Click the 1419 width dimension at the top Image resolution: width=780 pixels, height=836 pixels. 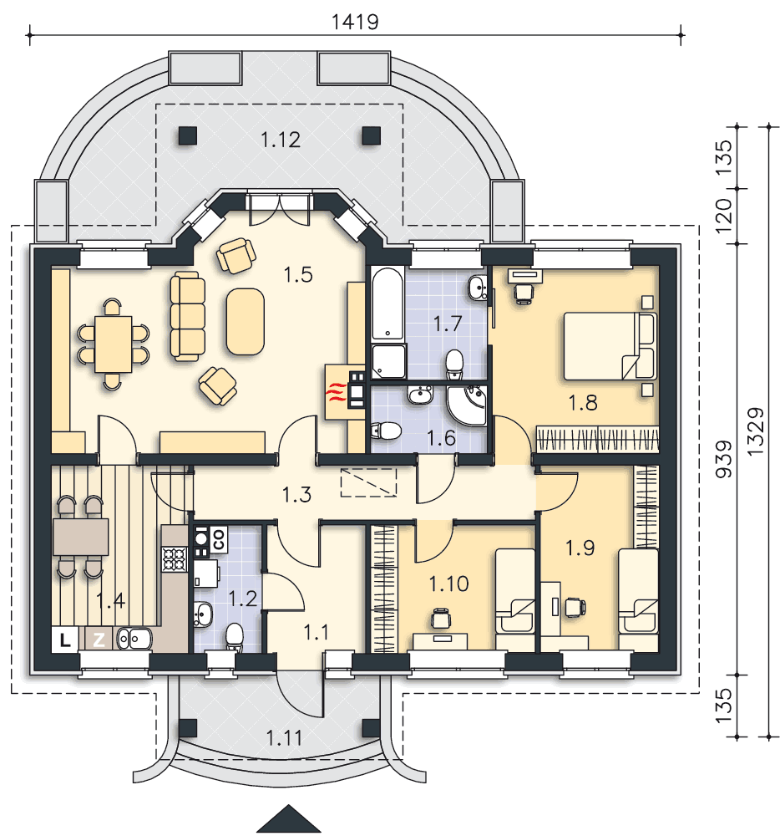click(x=355, y=22)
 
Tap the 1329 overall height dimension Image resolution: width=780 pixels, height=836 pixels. click(x=756, y=431)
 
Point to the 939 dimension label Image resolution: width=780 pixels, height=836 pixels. click(x=723, y=458)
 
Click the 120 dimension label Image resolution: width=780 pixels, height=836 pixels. click(x=723, y=216)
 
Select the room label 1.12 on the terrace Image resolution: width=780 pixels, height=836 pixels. click(x=281, y=140)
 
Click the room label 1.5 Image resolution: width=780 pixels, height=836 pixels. click(x=297, y=274)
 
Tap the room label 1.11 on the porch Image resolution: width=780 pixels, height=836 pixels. click(x=284, y=738)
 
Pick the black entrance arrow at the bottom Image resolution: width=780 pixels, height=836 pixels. click(x=289, y=819)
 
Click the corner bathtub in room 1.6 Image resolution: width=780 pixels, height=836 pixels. click(x=467, y=405)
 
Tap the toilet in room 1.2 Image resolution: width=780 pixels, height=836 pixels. click(x=235, y=637)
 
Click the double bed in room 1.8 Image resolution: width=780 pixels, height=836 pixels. click(x=610, y=346)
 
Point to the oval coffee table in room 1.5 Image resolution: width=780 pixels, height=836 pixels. click(x=245, y=322)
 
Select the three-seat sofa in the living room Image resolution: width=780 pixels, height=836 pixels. click(x=187, y=316)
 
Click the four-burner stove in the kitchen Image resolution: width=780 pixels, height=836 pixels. click(x=175, y=559)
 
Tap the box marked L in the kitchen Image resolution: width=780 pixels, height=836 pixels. click(x=65, y=640)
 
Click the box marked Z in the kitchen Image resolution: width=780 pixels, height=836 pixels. click(x=99, y=640)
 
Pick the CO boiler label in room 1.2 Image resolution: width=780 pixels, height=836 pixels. click(x=220, y=539)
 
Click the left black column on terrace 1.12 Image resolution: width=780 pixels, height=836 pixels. click(x=187, y=135)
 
